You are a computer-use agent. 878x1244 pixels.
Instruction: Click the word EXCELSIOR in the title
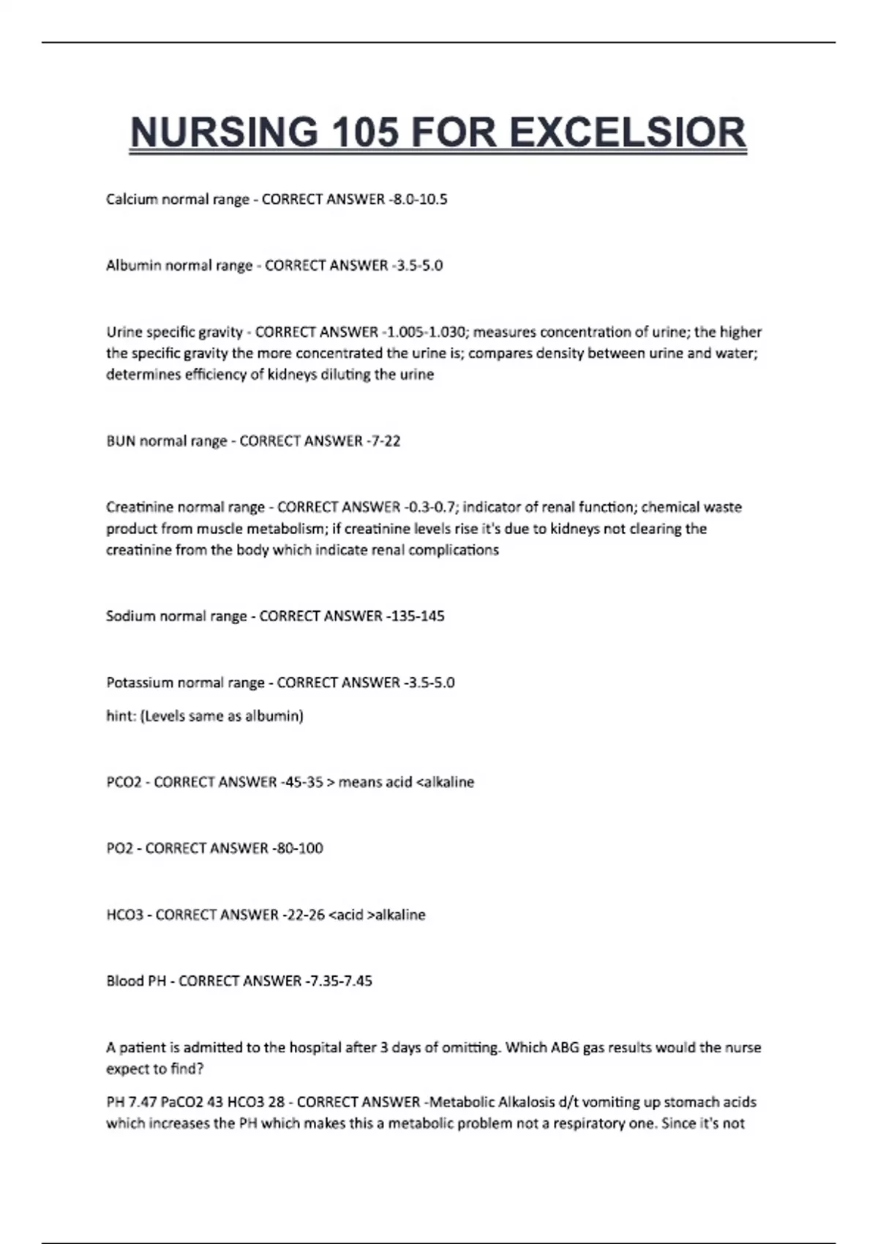pyautogui.click(x=627, y=133)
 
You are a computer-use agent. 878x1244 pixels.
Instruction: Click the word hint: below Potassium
pyautogui.click(x=121, y=716)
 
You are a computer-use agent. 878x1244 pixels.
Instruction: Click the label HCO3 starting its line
pyautogui.click(x=124, y=915)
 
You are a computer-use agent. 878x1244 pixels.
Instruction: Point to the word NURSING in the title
pyautogui.click(x=224, y=133)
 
